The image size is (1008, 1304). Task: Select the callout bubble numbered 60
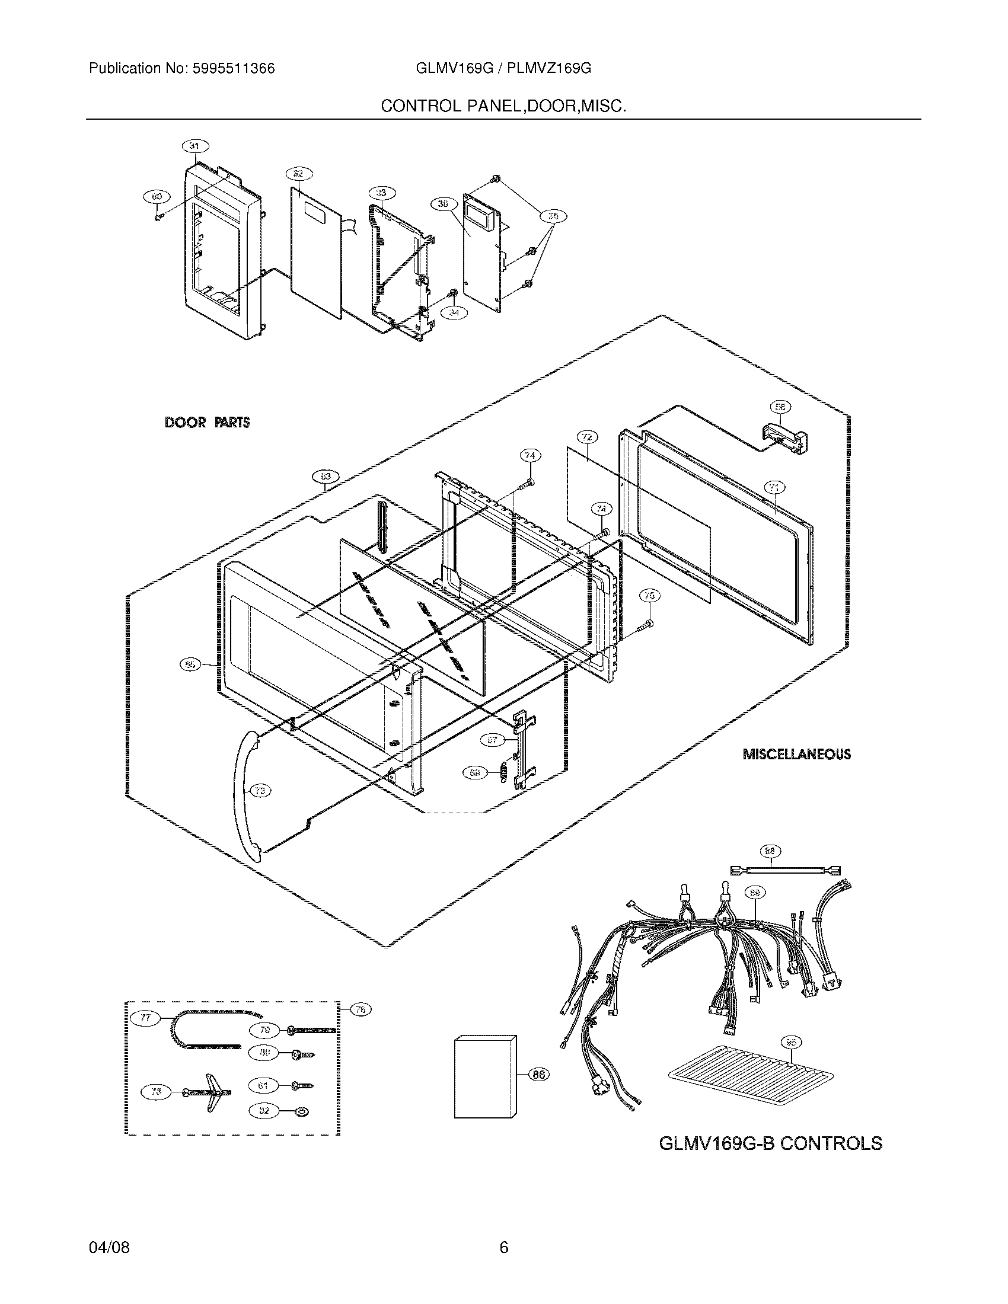tap(156, 195)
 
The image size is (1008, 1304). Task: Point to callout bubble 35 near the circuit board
tap(554, 216)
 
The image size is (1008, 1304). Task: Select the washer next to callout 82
tap(304, 1111)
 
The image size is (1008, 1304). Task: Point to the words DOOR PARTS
tap(206, 423)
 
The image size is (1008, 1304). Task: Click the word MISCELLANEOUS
tap(796, 754)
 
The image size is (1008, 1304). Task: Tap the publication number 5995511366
tap(234, 69)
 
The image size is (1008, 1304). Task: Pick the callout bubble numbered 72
tap(587, 437)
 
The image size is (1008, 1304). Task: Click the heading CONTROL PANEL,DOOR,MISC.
tap(503, 106)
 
